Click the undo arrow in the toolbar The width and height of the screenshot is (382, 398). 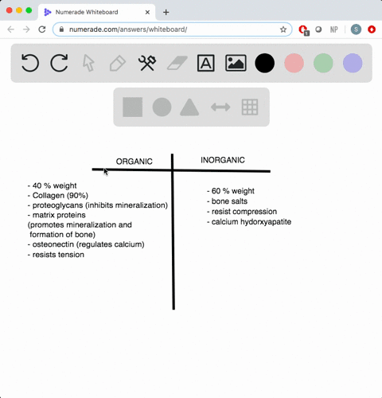pos(30,63)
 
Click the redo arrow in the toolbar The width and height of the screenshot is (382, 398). pos(59,63)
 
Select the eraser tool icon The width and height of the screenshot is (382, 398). pos(176,63)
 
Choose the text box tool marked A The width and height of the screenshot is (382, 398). pos(205,63)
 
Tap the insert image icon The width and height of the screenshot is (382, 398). pos(236,63)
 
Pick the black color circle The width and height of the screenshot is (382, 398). pos(265,63)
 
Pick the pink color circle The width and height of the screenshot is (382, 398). pos(294,63)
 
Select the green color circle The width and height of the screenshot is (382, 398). pos(323,63)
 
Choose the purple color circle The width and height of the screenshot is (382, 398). pos(353,63)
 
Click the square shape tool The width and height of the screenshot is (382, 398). pos(133,107)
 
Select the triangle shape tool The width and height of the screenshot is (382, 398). pos(189,107)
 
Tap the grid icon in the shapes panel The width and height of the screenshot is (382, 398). pos(250,107)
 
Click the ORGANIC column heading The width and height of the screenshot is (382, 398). pos(134,162)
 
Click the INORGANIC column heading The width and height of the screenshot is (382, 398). pos(223,160)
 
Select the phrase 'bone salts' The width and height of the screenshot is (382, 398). pos(231,201)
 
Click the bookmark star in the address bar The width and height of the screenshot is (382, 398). pos(283,29)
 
